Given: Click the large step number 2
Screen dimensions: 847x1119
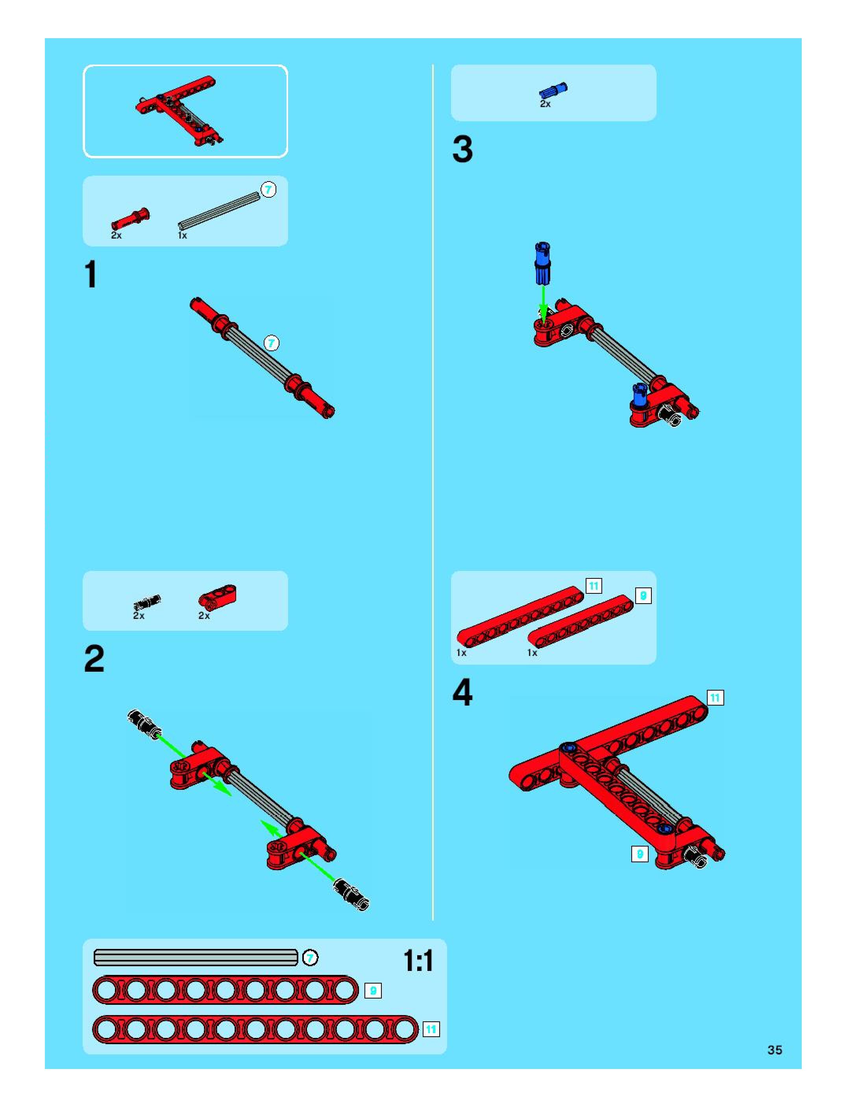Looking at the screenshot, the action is pyautogui.click(x=94, y=659).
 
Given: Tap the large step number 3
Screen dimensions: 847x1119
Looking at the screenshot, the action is pyautogui.click(x=463, y=149).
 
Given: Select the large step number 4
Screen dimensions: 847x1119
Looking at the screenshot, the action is pyautogui.click(x=463, y=693).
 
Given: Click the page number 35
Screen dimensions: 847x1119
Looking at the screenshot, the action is pyautogui.click(x=775, y=1050).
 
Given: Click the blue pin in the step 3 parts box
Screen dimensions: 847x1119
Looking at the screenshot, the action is pyautogui.click(x=553, y=91).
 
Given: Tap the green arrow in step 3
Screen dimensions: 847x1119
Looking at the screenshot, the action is pyautogui.click(x=544, y=304).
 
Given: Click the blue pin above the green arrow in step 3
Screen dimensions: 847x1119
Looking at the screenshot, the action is pyautogui.click(x=542, y=263).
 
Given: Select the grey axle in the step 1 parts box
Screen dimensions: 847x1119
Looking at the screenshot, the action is pyautogui.click(x=218, y=211).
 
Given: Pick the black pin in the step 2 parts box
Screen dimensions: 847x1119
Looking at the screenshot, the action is pyautogui.click(x=147, y=602).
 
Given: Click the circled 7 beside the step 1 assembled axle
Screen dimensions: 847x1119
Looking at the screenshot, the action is pyautogui.click(x=272, y=343).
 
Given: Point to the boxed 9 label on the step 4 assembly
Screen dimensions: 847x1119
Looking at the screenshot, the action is pyautogui.click(x=640, y=854).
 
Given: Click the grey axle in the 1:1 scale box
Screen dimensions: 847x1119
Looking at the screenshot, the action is pyautogui.click(x=196, y=958).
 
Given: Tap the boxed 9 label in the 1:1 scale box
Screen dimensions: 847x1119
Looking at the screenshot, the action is pyautogui.click(x=373, y=991).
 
